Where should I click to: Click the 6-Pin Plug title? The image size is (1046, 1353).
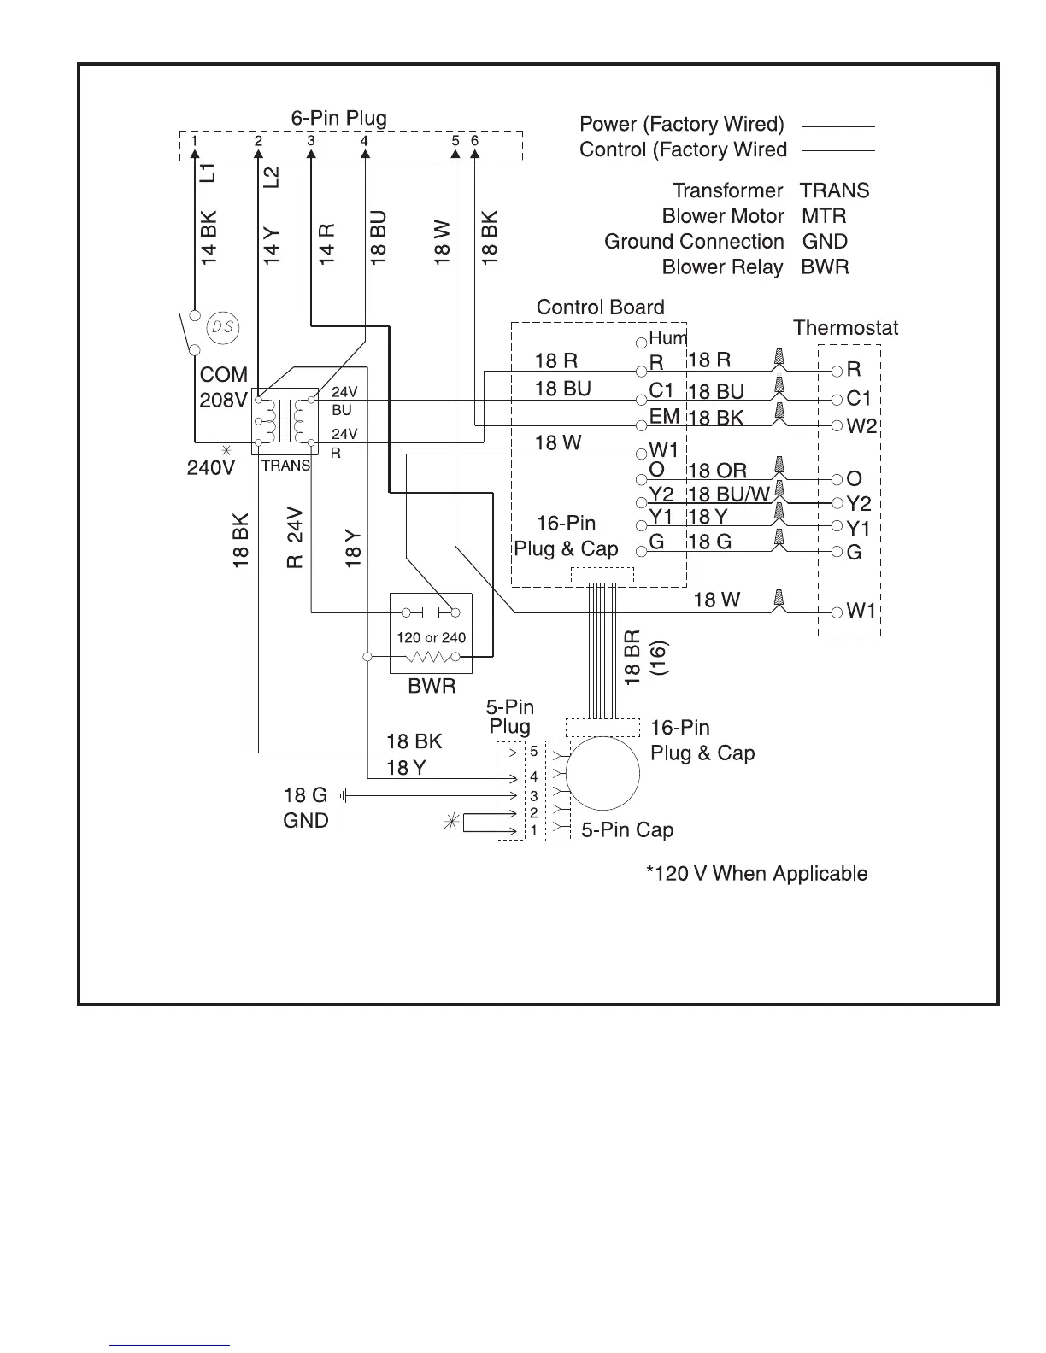338,119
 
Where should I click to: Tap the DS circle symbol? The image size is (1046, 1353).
222,327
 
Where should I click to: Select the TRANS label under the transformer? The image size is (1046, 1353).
285,466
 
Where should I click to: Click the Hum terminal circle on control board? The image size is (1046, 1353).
641,343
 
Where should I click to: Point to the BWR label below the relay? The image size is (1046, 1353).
432,687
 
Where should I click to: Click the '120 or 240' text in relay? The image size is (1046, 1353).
432,637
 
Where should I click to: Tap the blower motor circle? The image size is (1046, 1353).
602,774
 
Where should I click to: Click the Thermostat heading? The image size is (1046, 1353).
845,328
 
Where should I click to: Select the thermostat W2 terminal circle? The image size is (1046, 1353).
837,425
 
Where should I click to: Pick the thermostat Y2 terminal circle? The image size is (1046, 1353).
837,503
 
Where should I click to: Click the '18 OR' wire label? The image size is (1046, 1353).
717,471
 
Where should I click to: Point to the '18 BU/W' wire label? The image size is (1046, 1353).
729,495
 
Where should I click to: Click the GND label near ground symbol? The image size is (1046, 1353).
305,821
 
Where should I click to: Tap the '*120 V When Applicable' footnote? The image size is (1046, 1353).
756,874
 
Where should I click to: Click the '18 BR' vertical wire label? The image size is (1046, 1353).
632,658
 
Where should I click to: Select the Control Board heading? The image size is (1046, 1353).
600,307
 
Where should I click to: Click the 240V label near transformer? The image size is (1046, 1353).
211,468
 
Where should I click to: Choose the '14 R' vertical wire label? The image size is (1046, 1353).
327,243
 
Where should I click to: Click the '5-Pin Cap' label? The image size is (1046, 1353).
626,830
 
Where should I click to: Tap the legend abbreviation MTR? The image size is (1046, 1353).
824,216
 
